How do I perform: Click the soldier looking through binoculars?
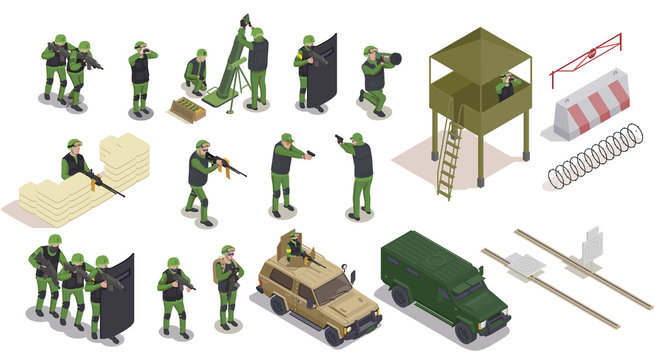click(x=141, y=75)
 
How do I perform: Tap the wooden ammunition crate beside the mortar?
click(x=187, y=109)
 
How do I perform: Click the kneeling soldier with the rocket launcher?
click(x=375, y=80)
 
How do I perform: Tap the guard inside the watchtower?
click(x=506, y=88)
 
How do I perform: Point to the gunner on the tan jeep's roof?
click(x=294, y=247)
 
